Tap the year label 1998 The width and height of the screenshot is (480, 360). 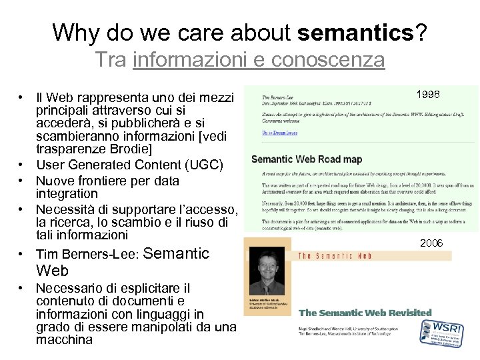click(427, 95)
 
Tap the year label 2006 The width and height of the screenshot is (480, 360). click(431, 243)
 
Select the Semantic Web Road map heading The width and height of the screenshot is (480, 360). click(307, 159)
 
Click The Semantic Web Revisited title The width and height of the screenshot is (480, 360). click(365, 312)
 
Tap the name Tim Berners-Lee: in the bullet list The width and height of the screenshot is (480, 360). click(87, 254)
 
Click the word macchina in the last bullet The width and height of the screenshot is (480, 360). click(64, 340)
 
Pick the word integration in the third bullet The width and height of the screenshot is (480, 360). click(69, 193)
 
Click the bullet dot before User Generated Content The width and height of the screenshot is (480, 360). click(22, 165)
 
